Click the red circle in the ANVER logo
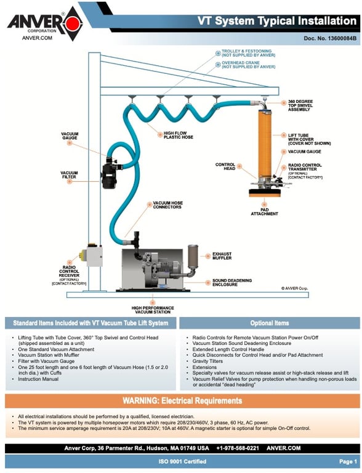point(73,23)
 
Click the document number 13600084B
point(330,38)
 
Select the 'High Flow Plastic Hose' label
point(179,135)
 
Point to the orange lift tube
point(265,144)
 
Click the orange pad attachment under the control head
point(265,193)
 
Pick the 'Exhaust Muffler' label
point(222,256)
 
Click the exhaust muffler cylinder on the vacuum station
point(193,257)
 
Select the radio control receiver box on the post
point(94,256)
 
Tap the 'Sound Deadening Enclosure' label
point(231,282)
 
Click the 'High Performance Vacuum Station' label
point(153,310)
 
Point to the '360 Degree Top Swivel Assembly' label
point(300,105)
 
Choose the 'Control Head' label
point(225,166)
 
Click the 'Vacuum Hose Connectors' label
point(167,205)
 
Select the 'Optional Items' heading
point(270,323)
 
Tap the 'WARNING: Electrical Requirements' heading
point(182,400)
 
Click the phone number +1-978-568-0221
point(238,448)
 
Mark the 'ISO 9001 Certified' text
point(182,461)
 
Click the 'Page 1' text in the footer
point(348,461)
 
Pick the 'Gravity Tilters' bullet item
point(207,361)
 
